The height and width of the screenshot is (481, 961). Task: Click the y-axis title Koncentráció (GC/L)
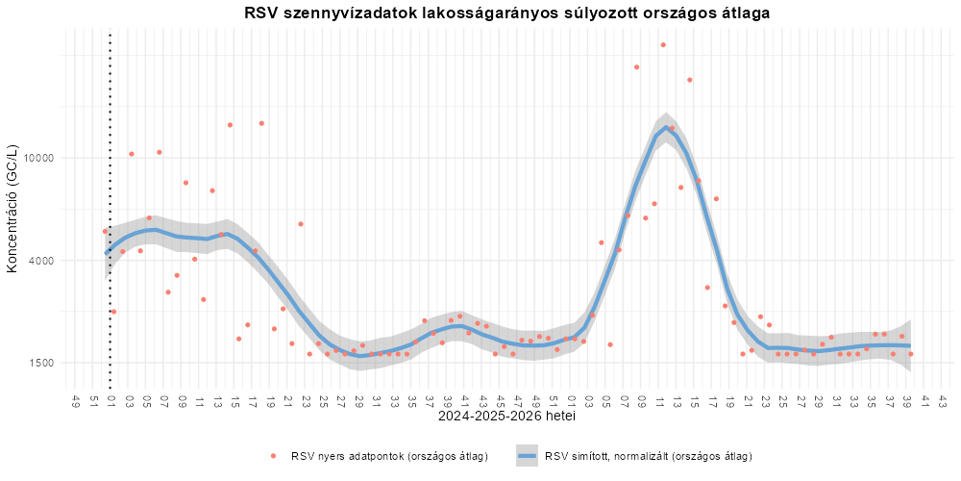click(11, 209)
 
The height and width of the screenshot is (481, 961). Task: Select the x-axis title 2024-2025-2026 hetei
click(506, 417)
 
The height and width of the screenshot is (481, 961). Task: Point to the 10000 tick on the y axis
click(39, 158)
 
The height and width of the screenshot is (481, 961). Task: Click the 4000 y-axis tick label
click(43, 260)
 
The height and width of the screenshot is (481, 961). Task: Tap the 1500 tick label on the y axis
click(43, 363)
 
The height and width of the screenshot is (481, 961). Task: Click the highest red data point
click(663, 45)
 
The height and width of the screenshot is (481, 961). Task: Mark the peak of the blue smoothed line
click(666, 128)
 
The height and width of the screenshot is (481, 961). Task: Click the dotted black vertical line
click(110, 209)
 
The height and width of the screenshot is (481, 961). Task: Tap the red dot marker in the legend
click(274, 456)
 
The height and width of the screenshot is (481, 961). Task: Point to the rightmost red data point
click(911, 354)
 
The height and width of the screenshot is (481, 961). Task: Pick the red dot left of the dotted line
click(105, 231)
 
